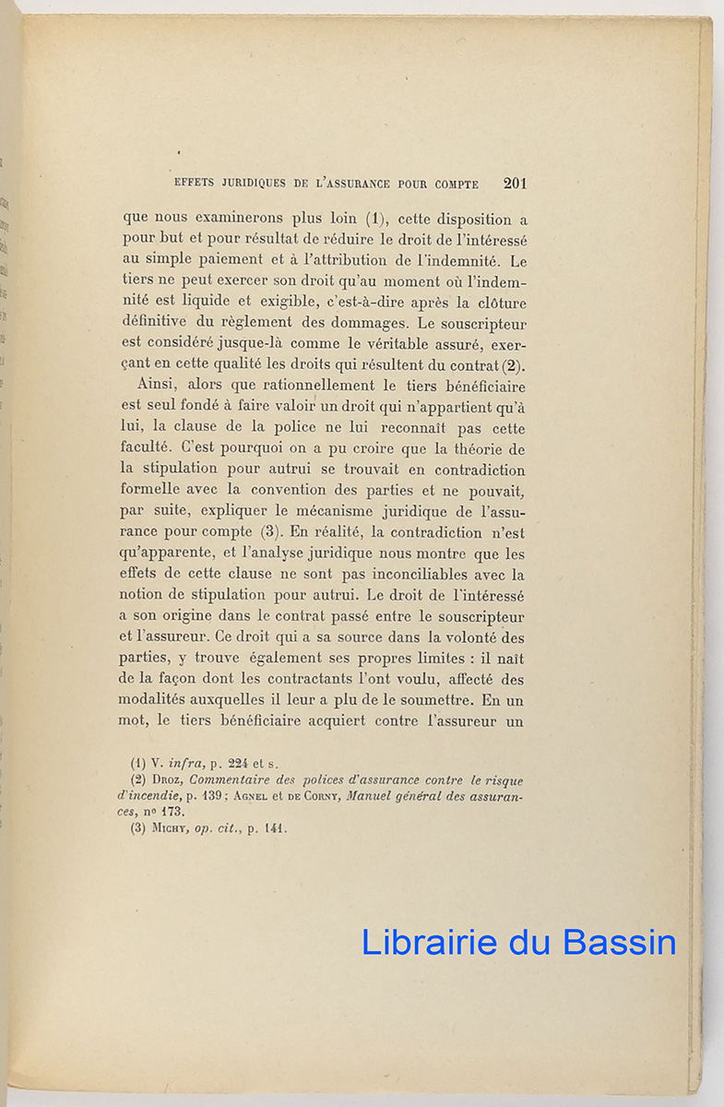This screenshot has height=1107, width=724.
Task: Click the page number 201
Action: (515, 183)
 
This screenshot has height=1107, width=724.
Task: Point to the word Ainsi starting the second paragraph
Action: (156, 386)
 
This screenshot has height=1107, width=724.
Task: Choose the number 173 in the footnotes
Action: (172, 813)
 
